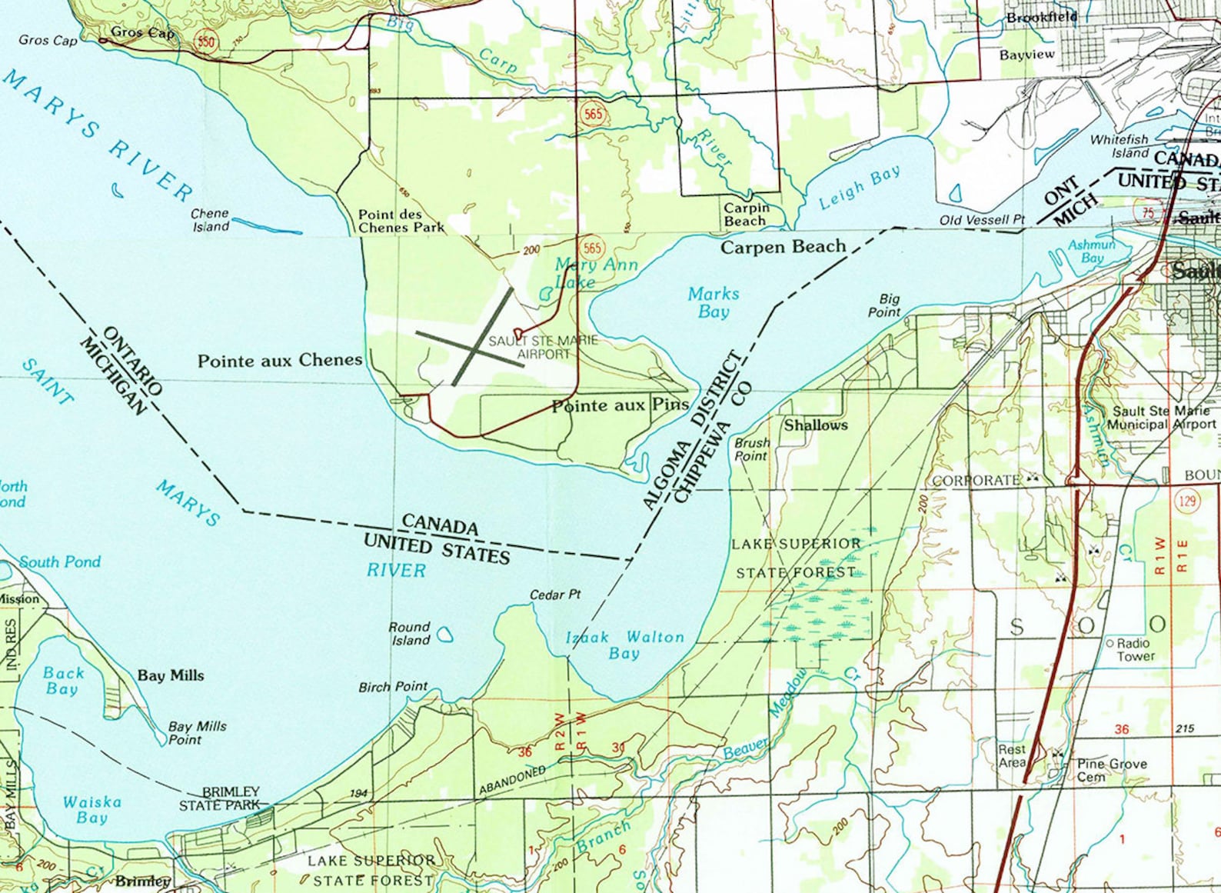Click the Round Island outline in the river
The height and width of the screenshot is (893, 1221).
[x=444, y=635]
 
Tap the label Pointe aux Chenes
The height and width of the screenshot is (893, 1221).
[x=280, y=361]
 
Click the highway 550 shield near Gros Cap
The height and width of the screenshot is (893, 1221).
[x=205, y=42]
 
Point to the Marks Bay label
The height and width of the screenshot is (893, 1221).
[x=714, y=302]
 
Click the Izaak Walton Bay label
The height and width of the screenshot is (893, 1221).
[x=624, y=645]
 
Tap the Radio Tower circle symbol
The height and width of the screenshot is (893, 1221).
[x=1110, y=643]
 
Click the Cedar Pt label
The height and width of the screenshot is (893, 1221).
[x=555, y=595]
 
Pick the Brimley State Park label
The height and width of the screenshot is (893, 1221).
[x=220, y=798]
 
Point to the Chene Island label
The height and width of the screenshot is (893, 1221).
[x=210, y=220]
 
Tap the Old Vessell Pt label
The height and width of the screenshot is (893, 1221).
[x=982, y=220]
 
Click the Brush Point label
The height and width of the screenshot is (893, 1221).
[x=751, y=449]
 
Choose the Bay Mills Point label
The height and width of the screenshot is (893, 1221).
[x=198, y=732]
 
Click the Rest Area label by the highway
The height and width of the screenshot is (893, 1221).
[x=1012, y=755]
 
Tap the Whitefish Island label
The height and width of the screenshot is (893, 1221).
[x=1119, y=145]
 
